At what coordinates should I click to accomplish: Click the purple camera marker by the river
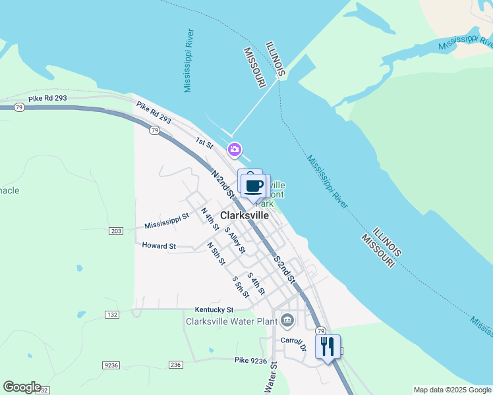click(234, 150)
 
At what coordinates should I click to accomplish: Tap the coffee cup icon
click(254, 186)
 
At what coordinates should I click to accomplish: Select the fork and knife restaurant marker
click(328, 346)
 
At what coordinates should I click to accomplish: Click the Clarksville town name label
click(245, 215)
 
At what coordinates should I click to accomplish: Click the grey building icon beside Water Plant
click(287, 321)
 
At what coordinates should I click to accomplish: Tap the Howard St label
click(159, 246)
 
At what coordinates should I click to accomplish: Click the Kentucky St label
click(214, 309)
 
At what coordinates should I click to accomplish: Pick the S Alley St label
click(235, 241)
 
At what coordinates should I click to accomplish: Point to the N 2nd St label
click(223, 183)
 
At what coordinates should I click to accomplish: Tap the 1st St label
click(204, 142)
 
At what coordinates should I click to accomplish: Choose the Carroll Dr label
click(293, 343)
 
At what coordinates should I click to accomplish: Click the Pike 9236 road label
click(250, 360)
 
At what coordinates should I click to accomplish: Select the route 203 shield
click(116, 231)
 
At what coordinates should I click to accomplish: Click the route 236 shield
click(175, 365)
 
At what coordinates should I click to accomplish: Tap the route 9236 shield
click(111, 365)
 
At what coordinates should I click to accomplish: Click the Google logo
click(22, 387)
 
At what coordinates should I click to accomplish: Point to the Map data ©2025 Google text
click(452, 390)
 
